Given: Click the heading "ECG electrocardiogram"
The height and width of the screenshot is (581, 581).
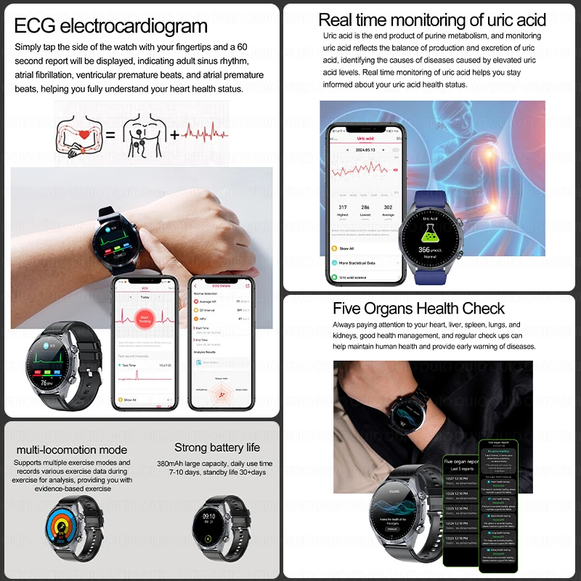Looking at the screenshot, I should click(111, 27).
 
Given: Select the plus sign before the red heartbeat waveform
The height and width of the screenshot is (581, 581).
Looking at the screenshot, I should click(176, 134).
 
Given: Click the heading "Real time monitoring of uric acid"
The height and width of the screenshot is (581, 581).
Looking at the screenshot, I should click(431, 20).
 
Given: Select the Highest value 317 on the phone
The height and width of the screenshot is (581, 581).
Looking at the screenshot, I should click(343, 207).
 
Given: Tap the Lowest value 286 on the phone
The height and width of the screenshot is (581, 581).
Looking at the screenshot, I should click(366, 207).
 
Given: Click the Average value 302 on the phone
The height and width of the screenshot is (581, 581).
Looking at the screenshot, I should click(389, 207).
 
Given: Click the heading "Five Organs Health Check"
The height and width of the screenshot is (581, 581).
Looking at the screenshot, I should click(418, 309).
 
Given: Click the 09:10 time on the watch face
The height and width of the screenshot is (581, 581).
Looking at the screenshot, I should click(208, 516).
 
